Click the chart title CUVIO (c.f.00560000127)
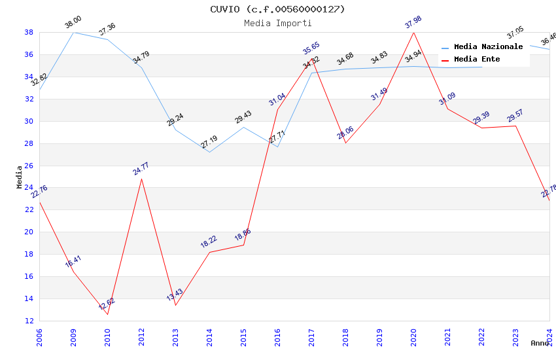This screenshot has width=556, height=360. pyautogui.click(x=277, y=9)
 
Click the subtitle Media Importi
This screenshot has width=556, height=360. pyautogui.click(x=277, y=23)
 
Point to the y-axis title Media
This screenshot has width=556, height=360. pyautogui.click(x=20, y=177)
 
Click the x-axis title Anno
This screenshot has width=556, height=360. pyautogui.click(x=540, y=343)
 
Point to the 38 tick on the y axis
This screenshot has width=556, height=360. pyautogui.click(x=29, y=32)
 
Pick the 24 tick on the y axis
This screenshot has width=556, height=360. pyautogui.click(x=29, y=188)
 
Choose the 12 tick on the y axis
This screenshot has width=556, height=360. pyautogui.click(x=29, y=321)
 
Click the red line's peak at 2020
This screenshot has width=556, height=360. pyautogui.click(x=413, y=32)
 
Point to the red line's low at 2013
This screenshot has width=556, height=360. pyautogui.click(x=175, y=305)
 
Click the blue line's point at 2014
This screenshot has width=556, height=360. pyautogui.click(x=209, y=153)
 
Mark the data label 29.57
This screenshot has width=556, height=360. pyautogui.click(x=515, y=117)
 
